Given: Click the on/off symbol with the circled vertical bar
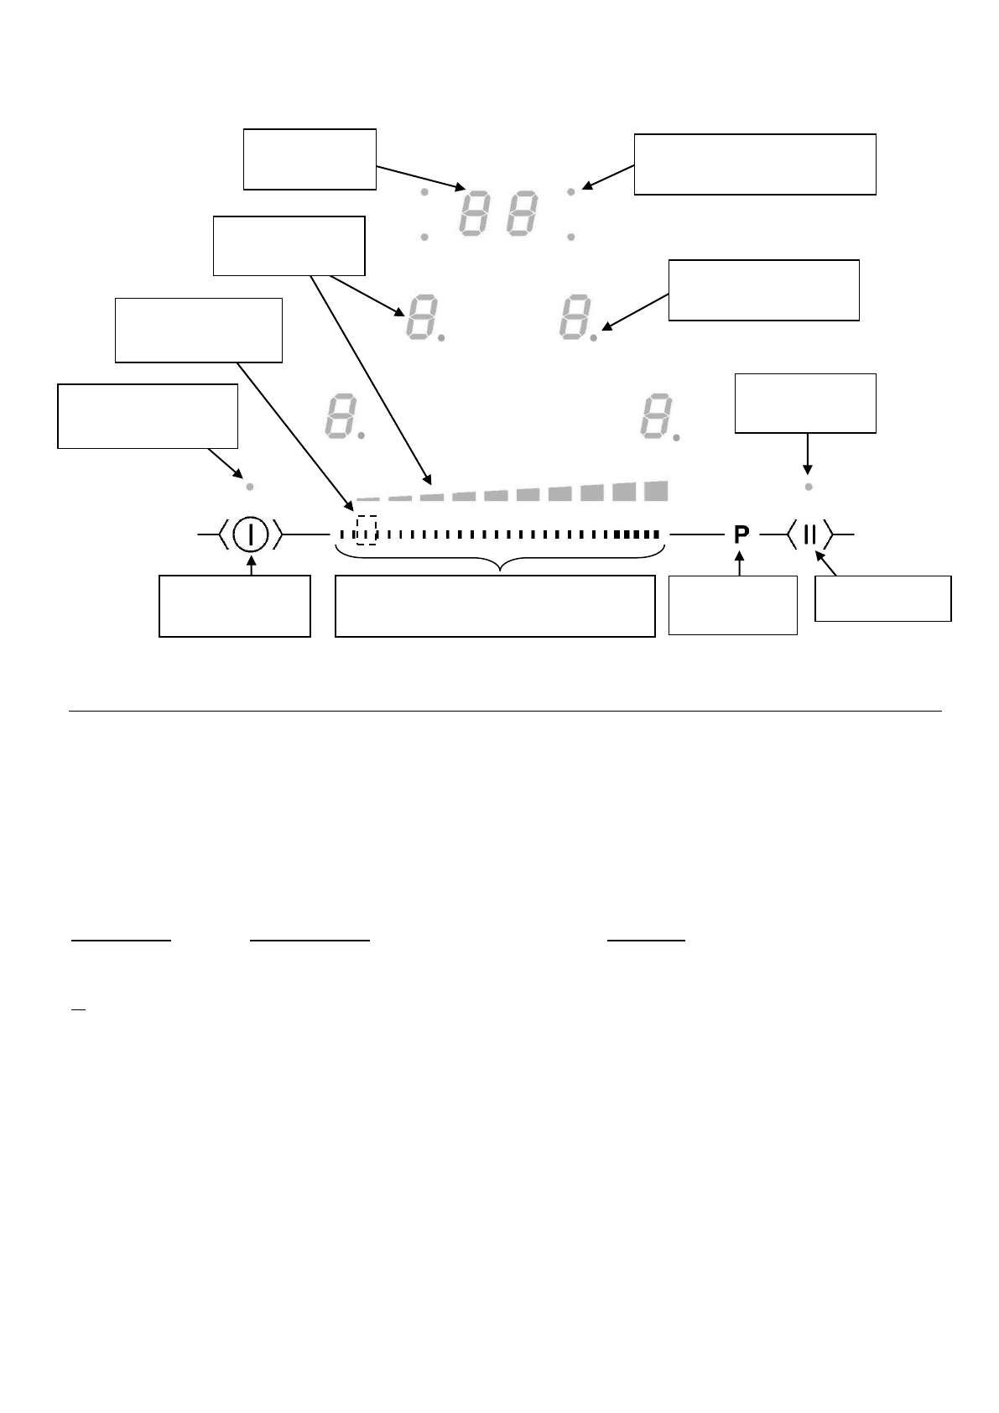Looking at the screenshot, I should [250, 534].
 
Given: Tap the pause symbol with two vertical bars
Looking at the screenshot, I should [809, 534].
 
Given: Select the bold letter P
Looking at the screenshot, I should [741, 534].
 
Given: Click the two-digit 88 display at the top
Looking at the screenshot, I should [497, 214].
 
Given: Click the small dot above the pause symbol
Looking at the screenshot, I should [808, 487].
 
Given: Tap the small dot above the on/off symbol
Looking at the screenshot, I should [249, 487].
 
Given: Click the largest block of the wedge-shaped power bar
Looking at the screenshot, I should [655, 491].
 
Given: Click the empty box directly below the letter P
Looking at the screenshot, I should [732, 605].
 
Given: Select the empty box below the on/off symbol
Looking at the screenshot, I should [235, 606].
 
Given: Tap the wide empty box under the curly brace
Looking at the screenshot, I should [494, 606].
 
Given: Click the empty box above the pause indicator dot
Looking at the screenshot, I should [805, 404].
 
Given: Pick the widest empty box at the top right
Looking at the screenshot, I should [755, 164].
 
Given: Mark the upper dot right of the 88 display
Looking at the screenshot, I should [571, 192].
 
